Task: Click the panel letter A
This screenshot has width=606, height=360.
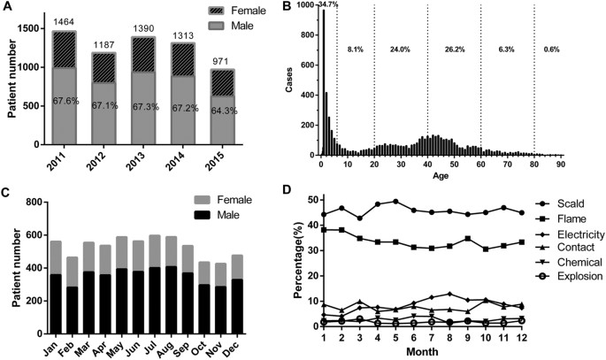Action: [7, 8]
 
